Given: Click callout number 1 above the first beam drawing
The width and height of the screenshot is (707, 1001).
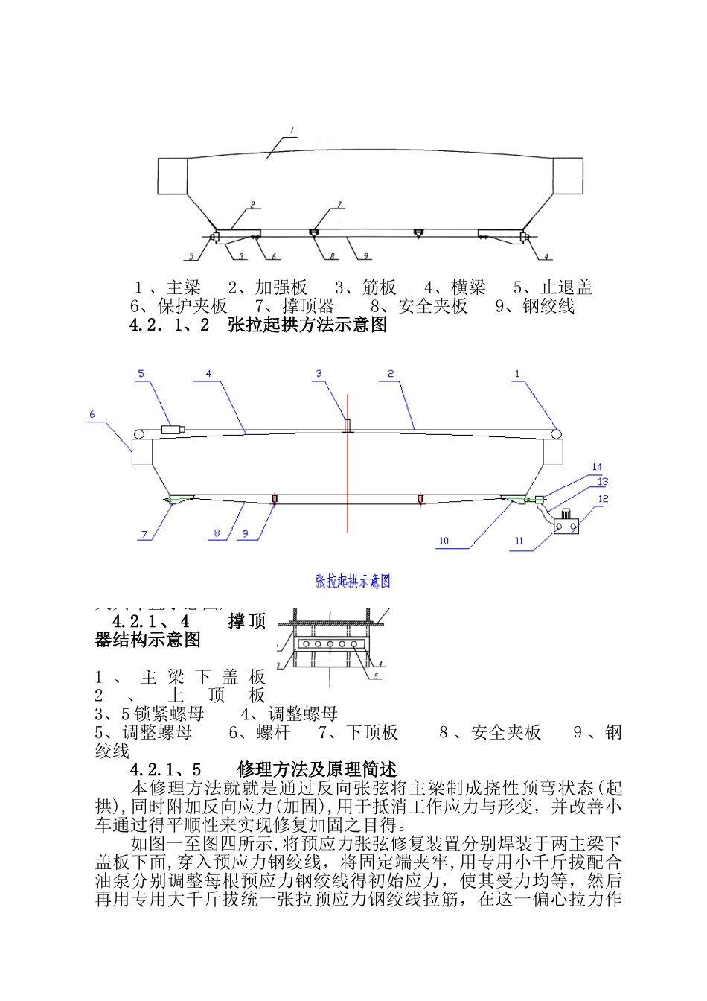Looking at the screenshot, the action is (292, 130).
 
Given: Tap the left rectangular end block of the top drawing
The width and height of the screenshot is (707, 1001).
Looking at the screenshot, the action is (172, 177).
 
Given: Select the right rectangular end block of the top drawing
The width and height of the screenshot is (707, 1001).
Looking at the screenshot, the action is (568, 176).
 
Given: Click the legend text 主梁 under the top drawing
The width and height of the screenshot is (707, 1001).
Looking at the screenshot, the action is (184, 287).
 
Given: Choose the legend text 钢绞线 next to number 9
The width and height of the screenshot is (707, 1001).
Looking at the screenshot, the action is (548, 305).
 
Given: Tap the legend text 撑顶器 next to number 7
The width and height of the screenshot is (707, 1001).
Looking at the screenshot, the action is (308, 305).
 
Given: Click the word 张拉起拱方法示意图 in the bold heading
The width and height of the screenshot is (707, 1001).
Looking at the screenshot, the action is (307, 325).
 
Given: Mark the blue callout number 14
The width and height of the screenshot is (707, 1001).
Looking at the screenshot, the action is (596, 467).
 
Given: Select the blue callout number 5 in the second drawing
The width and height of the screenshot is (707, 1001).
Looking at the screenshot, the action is (141, 374).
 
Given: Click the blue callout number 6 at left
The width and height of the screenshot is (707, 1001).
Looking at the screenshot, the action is (92, 415).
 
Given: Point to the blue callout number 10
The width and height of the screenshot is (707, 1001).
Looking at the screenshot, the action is (444, 541).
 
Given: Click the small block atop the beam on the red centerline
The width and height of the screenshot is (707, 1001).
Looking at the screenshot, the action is (347, 425).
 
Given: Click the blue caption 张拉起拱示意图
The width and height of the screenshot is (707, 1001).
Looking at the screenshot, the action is (353, 582).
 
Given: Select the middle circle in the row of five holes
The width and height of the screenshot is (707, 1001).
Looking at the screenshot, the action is (328, 643).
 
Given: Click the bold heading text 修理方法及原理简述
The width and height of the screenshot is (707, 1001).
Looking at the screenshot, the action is (317, 769).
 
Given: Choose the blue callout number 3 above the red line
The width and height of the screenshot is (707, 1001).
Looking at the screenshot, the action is (319, 374).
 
